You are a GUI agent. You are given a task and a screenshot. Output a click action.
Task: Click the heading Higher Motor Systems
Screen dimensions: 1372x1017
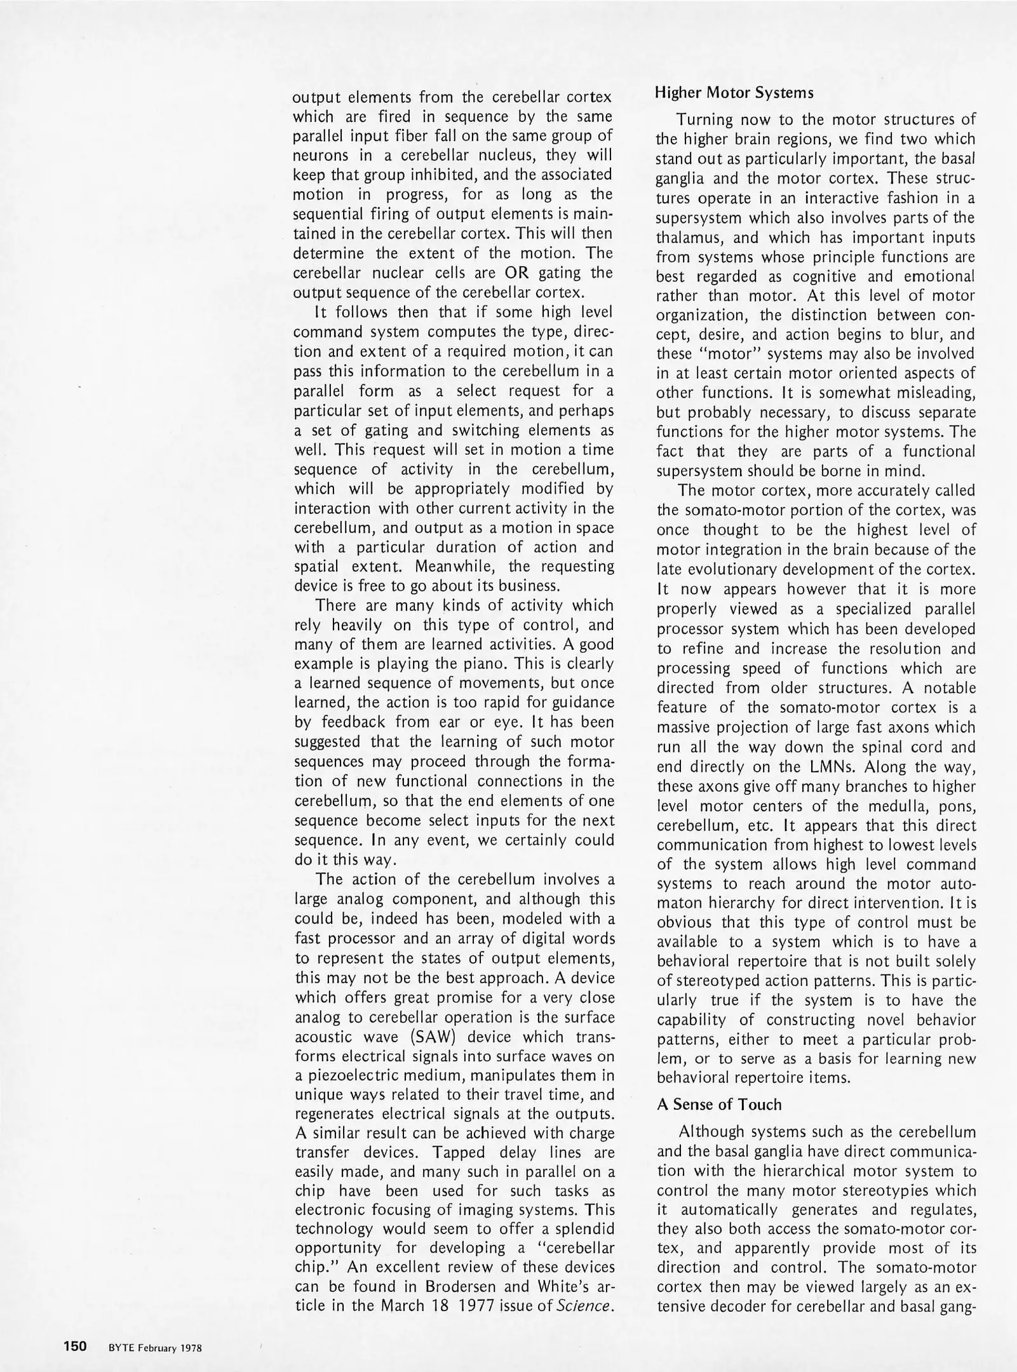(734, 92)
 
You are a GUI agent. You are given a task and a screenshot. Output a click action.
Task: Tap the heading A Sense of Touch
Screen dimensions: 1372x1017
(719, 1104)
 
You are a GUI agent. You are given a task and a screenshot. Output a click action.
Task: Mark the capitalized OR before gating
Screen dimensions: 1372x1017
(516, 272)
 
